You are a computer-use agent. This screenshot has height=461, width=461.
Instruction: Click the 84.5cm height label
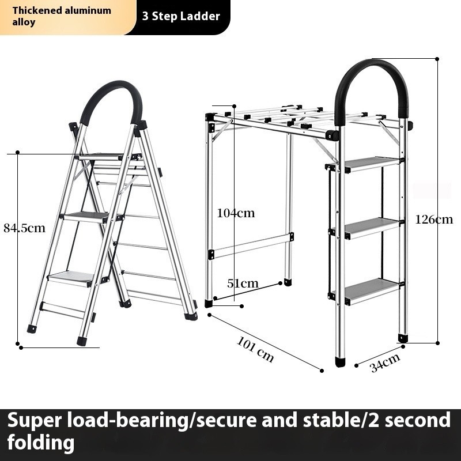click(25, 228)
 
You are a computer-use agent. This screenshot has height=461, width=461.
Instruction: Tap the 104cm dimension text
click(236, 213)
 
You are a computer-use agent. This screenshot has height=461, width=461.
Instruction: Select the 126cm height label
click(434, 220)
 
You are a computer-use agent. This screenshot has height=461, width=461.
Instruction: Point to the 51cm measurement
click(243, 284)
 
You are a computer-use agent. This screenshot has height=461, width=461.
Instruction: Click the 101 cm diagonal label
click(255, 349)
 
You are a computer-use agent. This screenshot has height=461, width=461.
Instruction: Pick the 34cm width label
click(385, 362)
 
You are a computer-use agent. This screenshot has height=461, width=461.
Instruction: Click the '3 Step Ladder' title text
click(181, 16)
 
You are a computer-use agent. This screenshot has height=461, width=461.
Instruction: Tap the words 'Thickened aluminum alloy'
click(62, 16)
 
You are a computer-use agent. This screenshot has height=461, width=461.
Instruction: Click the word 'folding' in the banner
click(41, 442)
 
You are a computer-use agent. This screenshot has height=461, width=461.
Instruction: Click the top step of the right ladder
click(371, 164)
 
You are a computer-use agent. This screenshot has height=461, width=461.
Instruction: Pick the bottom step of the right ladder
click(371, 290)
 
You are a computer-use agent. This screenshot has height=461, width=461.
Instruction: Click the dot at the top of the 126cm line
click(437, 59)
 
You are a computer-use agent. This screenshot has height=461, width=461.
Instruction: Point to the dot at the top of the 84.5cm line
click(18, 152)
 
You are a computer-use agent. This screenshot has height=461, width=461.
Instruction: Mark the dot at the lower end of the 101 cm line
click(322, 371)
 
